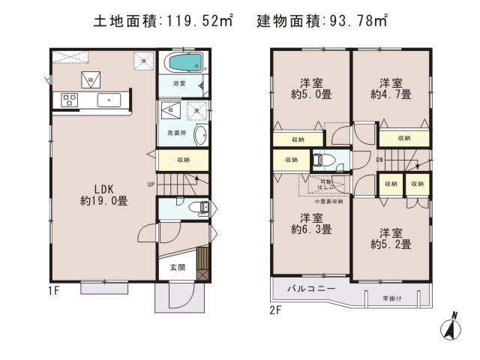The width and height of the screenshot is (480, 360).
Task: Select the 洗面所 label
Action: coord(175,133)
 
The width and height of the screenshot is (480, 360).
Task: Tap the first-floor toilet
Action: coord(196,208)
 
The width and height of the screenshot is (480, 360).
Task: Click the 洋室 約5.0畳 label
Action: coord(308,89)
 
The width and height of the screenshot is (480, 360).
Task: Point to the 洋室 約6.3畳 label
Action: coord(308,223)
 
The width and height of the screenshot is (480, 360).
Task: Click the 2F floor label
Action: coord(275,307)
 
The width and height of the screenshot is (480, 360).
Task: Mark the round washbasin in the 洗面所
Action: coord(200,136)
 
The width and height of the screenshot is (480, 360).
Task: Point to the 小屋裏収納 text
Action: coord(328,201)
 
